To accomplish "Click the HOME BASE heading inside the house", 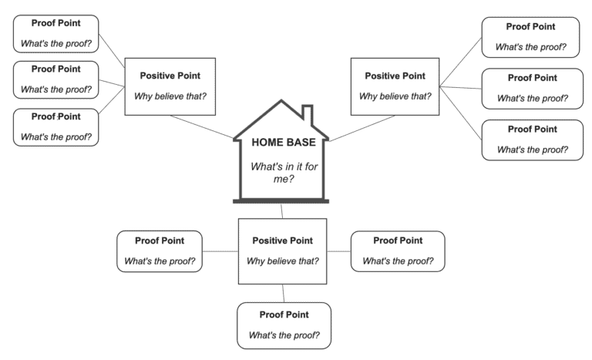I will (x=281, y=143).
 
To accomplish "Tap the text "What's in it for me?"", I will (x=281, y=173).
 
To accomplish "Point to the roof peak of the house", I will (x=281, y=102).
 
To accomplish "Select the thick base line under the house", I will (x=281, y=201).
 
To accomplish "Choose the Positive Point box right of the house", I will (x=394, y=86).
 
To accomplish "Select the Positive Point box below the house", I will (x=282, y=251).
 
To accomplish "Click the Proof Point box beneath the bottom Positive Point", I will (x=284, y=325).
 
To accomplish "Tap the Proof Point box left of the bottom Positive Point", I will (x=160, y=251).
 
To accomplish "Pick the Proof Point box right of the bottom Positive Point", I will (x=397, y=251).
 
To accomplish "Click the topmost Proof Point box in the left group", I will (x=56, y=32).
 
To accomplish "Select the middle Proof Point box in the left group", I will (x=56, y=79).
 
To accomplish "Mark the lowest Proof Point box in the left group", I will (x=56, y=126).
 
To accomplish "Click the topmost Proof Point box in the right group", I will (x=531, y=37).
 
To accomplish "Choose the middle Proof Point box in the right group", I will (x=532, y=88).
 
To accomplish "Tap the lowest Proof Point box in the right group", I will (x=532, y=140).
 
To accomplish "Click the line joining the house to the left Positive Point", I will (x=201, y=127).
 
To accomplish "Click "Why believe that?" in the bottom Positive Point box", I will (x=282, y=261).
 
